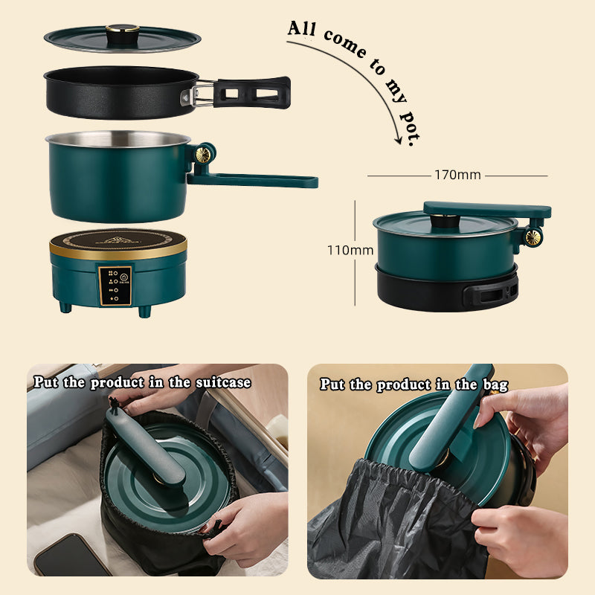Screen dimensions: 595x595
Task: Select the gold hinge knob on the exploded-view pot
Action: (203, 154)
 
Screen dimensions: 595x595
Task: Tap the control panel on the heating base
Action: (115, 285)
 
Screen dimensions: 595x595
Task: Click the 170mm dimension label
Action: (457, 176)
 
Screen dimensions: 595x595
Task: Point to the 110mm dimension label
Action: (350, 251)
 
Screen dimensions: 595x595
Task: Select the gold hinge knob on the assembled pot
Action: (532, 237)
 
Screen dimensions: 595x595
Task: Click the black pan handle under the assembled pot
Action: (490, 293)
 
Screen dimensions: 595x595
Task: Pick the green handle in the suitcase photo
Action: (144, 446)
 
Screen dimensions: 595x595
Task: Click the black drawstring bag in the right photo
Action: (387, 528)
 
